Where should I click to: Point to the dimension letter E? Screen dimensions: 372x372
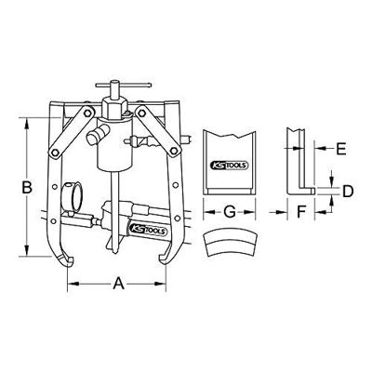click(340, 148)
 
